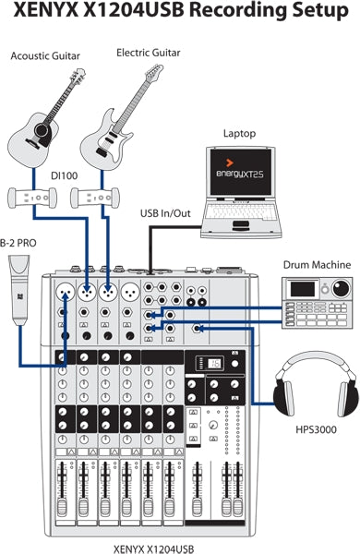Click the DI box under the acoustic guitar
[33, 197]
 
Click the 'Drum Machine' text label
[317, 265]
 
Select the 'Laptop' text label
[238, 133]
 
